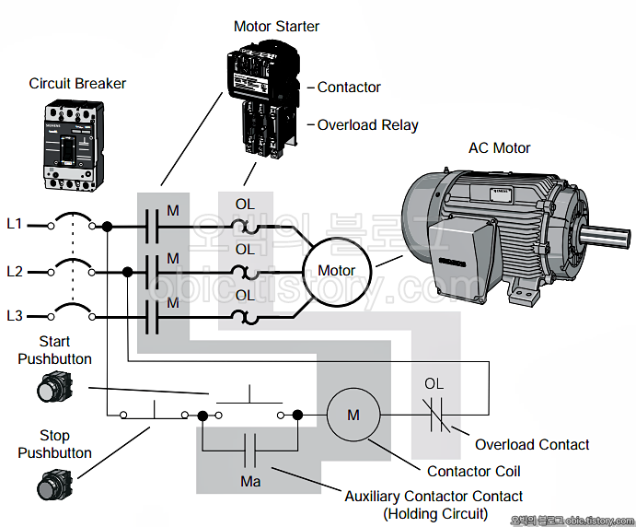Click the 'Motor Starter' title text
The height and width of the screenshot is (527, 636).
(276, 26)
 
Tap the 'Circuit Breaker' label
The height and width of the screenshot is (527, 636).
(77, 84)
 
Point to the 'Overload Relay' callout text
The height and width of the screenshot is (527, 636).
(367, 125)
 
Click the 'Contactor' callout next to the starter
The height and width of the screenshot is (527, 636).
(349, 88)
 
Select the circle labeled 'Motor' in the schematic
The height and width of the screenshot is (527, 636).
(336, 271)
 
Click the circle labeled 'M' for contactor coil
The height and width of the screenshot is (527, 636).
(353, 416)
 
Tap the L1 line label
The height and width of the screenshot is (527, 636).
(14, 224)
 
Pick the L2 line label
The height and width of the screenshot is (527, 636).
(14, 271)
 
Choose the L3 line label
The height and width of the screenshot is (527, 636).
(14, 316)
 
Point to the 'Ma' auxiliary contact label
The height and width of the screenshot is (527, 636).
(249, 481)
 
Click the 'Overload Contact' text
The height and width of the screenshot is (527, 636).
(532, 444)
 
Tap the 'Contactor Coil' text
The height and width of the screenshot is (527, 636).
(473, 472)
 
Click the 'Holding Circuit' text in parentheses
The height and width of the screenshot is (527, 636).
(435, 513)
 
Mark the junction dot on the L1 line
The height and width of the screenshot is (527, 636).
(107, 226)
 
